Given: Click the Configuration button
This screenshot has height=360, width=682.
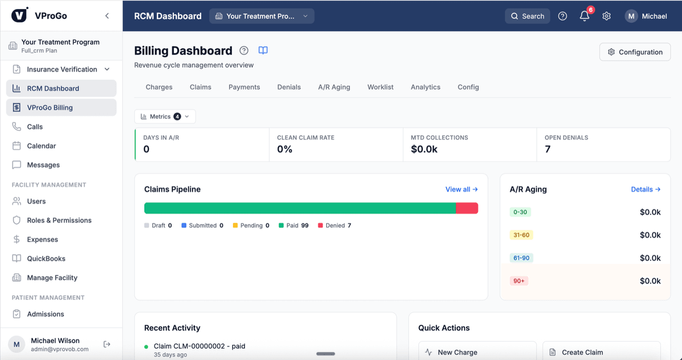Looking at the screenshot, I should coord(635,52).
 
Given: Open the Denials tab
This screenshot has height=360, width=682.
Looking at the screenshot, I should coord(289,87).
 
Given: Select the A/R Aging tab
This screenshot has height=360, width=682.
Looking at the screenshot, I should coord(334,87).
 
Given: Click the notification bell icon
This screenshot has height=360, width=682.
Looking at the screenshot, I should coord(584,16).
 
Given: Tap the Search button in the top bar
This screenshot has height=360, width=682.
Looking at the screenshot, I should coord(527,16).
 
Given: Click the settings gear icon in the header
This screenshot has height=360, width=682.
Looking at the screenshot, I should coord(606,16).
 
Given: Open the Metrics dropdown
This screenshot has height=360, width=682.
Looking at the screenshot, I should coord(165,117).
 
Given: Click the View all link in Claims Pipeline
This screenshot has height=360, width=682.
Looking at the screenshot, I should coord(461,189).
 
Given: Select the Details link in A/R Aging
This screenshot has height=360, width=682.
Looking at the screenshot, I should coord(646,189).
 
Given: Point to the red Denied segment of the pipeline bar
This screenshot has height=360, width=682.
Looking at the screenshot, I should coord(467,208).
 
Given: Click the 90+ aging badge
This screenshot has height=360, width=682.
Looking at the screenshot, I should coord(518,281).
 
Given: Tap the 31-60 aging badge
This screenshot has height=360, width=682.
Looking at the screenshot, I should coord(521,235).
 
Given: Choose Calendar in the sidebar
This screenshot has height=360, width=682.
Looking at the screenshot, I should coord(41,146).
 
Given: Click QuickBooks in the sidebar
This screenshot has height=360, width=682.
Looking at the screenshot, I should coord(46,258).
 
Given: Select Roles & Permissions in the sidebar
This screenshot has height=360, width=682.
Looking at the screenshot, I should coord(59,220).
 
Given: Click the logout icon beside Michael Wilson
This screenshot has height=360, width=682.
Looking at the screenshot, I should coord(107,344).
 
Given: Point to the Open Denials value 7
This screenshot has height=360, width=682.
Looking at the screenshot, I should coord(547,149).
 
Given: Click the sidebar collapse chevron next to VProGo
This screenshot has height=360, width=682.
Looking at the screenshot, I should coord(107,16).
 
